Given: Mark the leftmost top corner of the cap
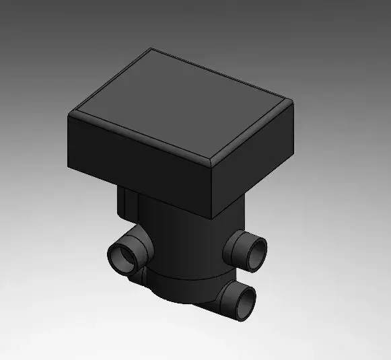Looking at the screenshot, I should (x=72, y=115).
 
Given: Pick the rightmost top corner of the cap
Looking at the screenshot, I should (x=291, y=101).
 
